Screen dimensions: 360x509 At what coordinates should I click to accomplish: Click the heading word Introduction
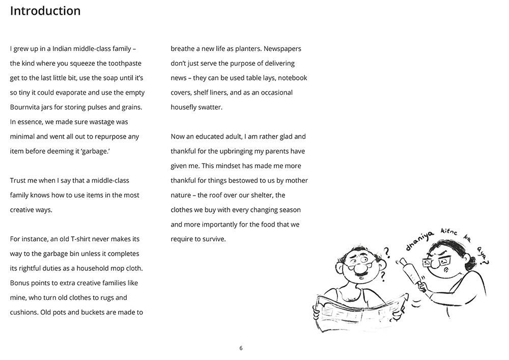tap(45, 11)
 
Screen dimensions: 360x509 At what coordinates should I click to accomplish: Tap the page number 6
tap(241, 348)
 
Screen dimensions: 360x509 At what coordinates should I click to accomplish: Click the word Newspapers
tap(282, 49)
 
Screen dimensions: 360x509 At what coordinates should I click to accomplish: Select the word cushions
tap(25, 312)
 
